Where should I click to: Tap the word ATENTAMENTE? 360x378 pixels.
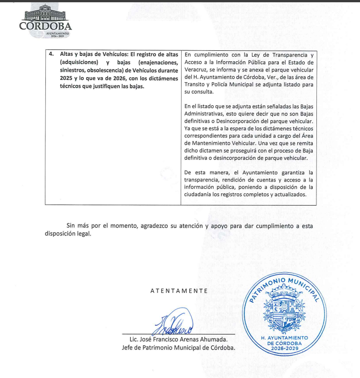pyautogui.click(x=179, y=291)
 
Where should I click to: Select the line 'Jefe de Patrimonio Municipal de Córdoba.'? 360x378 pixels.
pyautogui.click(x=178, y=348)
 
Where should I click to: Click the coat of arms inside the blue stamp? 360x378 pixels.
pyautogui.click(x=285, y=309)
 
